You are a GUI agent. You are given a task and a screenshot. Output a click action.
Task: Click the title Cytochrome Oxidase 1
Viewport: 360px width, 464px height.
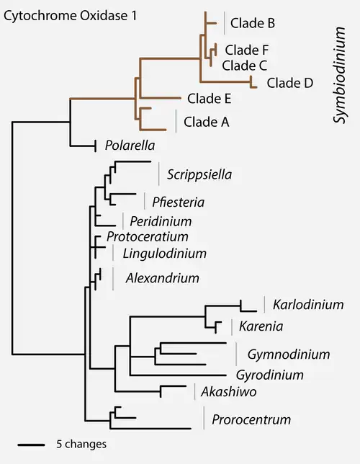tap(70, 16)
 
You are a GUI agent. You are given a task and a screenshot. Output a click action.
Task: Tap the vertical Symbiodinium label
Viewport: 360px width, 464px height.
tap(339, 75)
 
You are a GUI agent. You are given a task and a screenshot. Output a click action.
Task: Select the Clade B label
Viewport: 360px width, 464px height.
tap(253, 23)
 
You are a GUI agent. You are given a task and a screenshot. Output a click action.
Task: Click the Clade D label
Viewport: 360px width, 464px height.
tap(290, 83)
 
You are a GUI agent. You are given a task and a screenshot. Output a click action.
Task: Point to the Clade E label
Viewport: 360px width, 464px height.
tap(209, 99)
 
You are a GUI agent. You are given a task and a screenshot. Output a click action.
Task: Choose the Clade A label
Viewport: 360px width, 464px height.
tap(207, 122)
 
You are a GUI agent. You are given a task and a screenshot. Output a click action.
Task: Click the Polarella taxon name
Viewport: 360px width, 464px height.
tap(130, 146)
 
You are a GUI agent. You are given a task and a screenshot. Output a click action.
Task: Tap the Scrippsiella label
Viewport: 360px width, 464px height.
tap(199, 174)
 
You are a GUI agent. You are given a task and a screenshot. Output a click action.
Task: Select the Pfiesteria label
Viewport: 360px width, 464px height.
tap(178, 202)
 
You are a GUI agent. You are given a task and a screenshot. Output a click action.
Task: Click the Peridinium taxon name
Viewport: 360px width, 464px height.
tap(161, 221)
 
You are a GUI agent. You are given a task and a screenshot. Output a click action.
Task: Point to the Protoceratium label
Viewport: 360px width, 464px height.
tap(148, 236)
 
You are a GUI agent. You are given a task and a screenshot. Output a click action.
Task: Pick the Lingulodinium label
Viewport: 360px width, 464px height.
tap(164, 254)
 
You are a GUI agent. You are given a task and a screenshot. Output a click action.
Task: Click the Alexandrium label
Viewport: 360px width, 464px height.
tap(163, 278)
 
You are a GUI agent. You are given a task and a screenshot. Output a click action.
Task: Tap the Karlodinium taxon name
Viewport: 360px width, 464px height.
tap(308, 305)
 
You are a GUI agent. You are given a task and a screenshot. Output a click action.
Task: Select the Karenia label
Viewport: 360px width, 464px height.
tap(261, 326)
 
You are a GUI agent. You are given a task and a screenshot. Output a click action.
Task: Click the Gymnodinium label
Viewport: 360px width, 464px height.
tap(289, 354)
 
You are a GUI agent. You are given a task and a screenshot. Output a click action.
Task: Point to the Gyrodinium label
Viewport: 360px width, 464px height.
tap(270, 375)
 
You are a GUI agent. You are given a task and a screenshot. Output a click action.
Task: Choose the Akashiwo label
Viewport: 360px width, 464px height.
tap(229, 392)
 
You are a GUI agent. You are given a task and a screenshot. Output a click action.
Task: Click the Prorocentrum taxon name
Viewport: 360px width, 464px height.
tap(251, 419)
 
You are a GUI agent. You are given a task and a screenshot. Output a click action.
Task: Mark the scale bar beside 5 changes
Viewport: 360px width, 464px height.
tap(31, 445)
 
